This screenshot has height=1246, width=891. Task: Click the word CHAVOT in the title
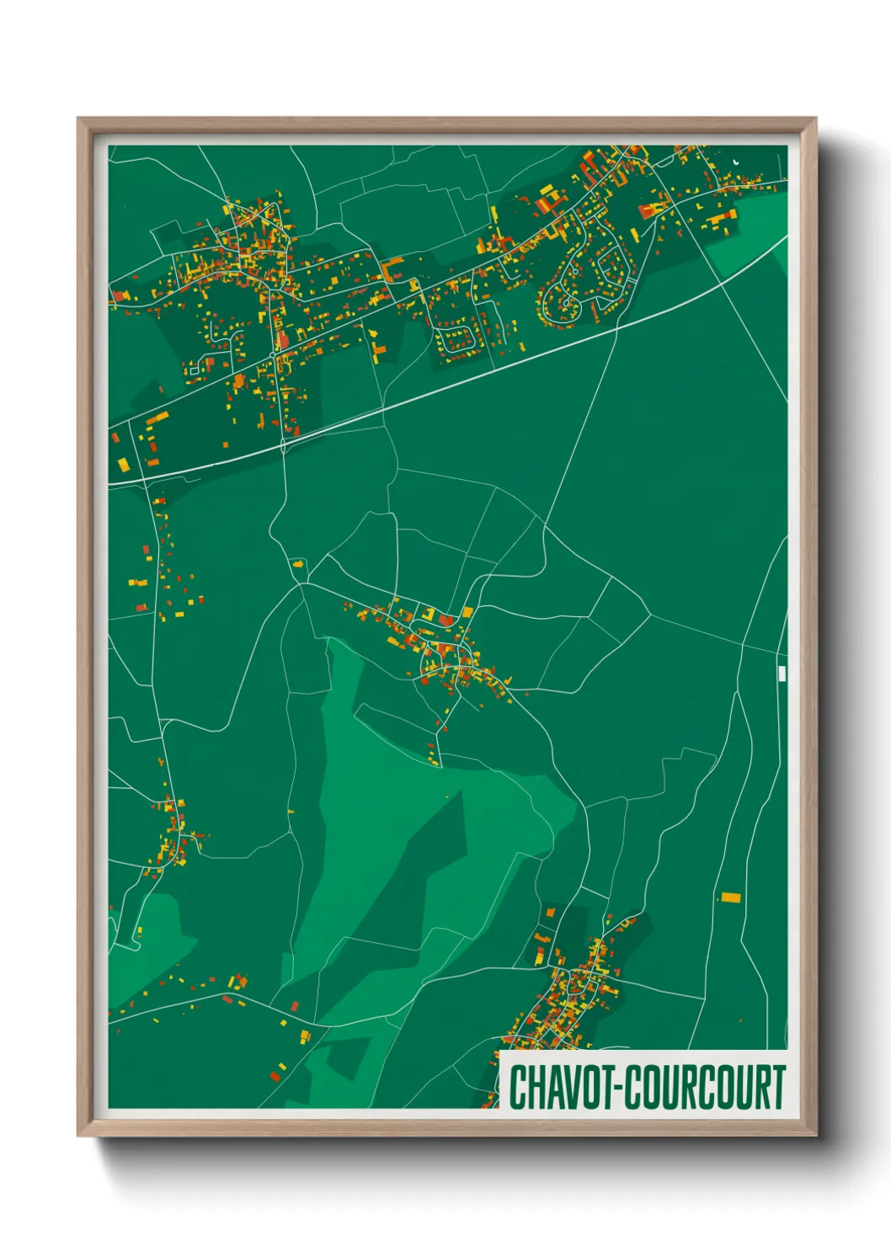[563, 1087]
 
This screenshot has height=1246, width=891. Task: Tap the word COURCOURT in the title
[707, 1087]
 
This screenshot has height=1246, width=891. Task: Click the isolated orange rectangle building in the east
[730, 897]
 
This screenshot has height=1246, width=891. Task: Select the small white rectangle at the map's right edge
[782, 673]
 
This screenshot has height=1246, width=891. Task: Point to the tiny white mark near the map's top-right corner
[735, 160]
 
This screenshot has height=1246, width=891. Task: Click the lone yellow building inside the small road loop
[297, 563]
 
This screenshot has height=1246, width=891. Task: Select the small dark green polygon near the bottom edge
[347, 1057]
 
